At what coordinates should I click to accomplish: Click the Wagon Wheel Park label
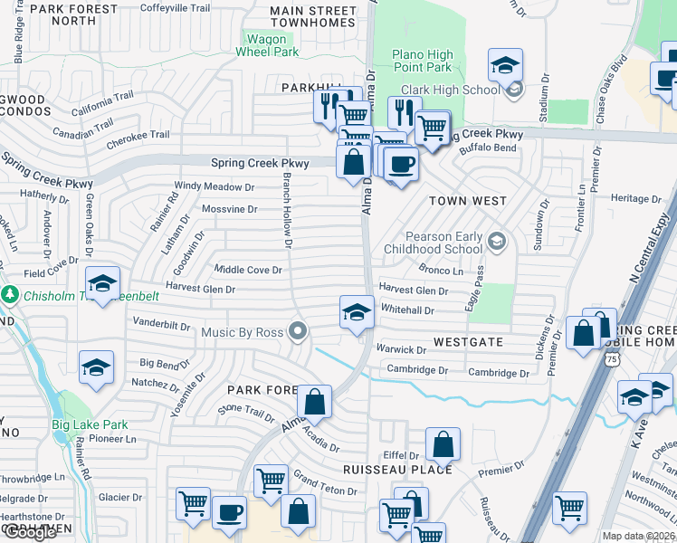tap(267, 45)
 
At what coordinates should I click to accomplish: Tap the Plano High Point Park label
tap(422, 62)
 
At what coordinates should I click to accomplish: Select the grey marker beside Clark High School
tap(514, 89)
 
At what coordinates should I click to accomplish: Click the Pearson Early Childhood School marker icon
tap(495, 241)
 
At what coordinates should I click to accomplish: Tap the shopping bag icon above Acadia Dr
tap(314, 402)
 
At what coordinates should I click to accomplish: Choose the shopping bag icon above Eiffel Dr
tap(443, 443)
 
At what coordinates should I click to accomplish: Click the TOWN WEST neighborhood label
tap(467, 200)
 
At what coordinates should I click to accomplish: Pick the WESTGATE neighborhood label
tap(468, 343)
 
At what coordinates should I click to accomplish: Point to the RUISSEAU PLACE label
tap(397, 470)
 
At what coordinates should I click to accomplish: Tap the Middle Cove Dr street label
tap(248, 270)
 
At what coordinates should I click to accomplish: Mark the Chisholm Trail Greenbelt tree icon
tap(10, 294)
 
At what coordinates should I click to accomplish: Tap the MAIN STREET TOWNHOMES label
tap(313, 17)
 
